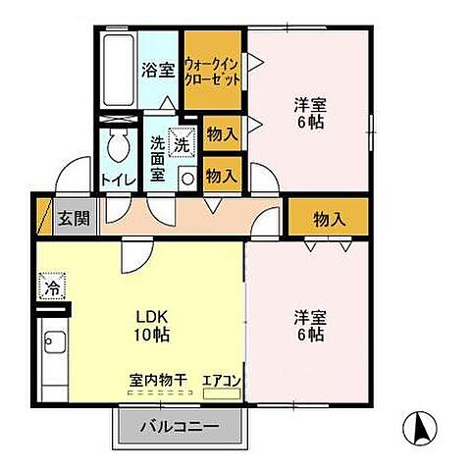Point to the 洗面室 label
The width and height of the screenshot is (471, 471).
click(x=157, y=158)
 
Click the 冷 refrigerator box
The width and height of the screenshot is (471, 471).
click(x=50, y=288)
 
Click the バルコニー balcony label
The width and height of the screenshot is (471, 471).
click(x=178, y=427)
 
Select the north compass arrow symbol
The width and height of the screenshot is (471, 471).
click(x=416, y=429)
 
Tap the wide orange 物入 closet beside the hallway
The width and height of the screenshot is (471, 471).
click(x=328, y=218)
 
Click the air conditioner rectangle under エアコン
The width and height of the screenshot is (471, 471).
click(x=221, y=392)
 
